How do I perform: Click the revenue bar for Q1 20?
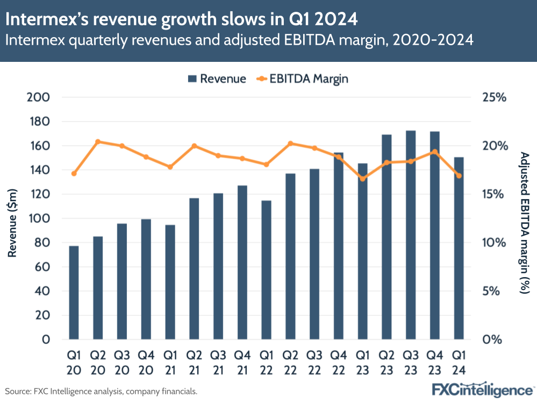pos(74,293)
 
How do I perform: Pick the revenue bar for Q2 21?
pos(194,268)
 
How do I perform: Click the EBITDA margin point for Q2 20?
pos(98,142)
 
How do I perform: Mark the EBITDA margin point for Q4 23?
pos(434,152)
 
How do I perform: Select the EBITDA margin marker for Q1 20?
pos(74,173)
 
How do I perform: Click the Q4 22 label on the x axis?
pos(338,363)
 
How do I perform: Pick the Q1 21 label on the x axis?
pos(170,363)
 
